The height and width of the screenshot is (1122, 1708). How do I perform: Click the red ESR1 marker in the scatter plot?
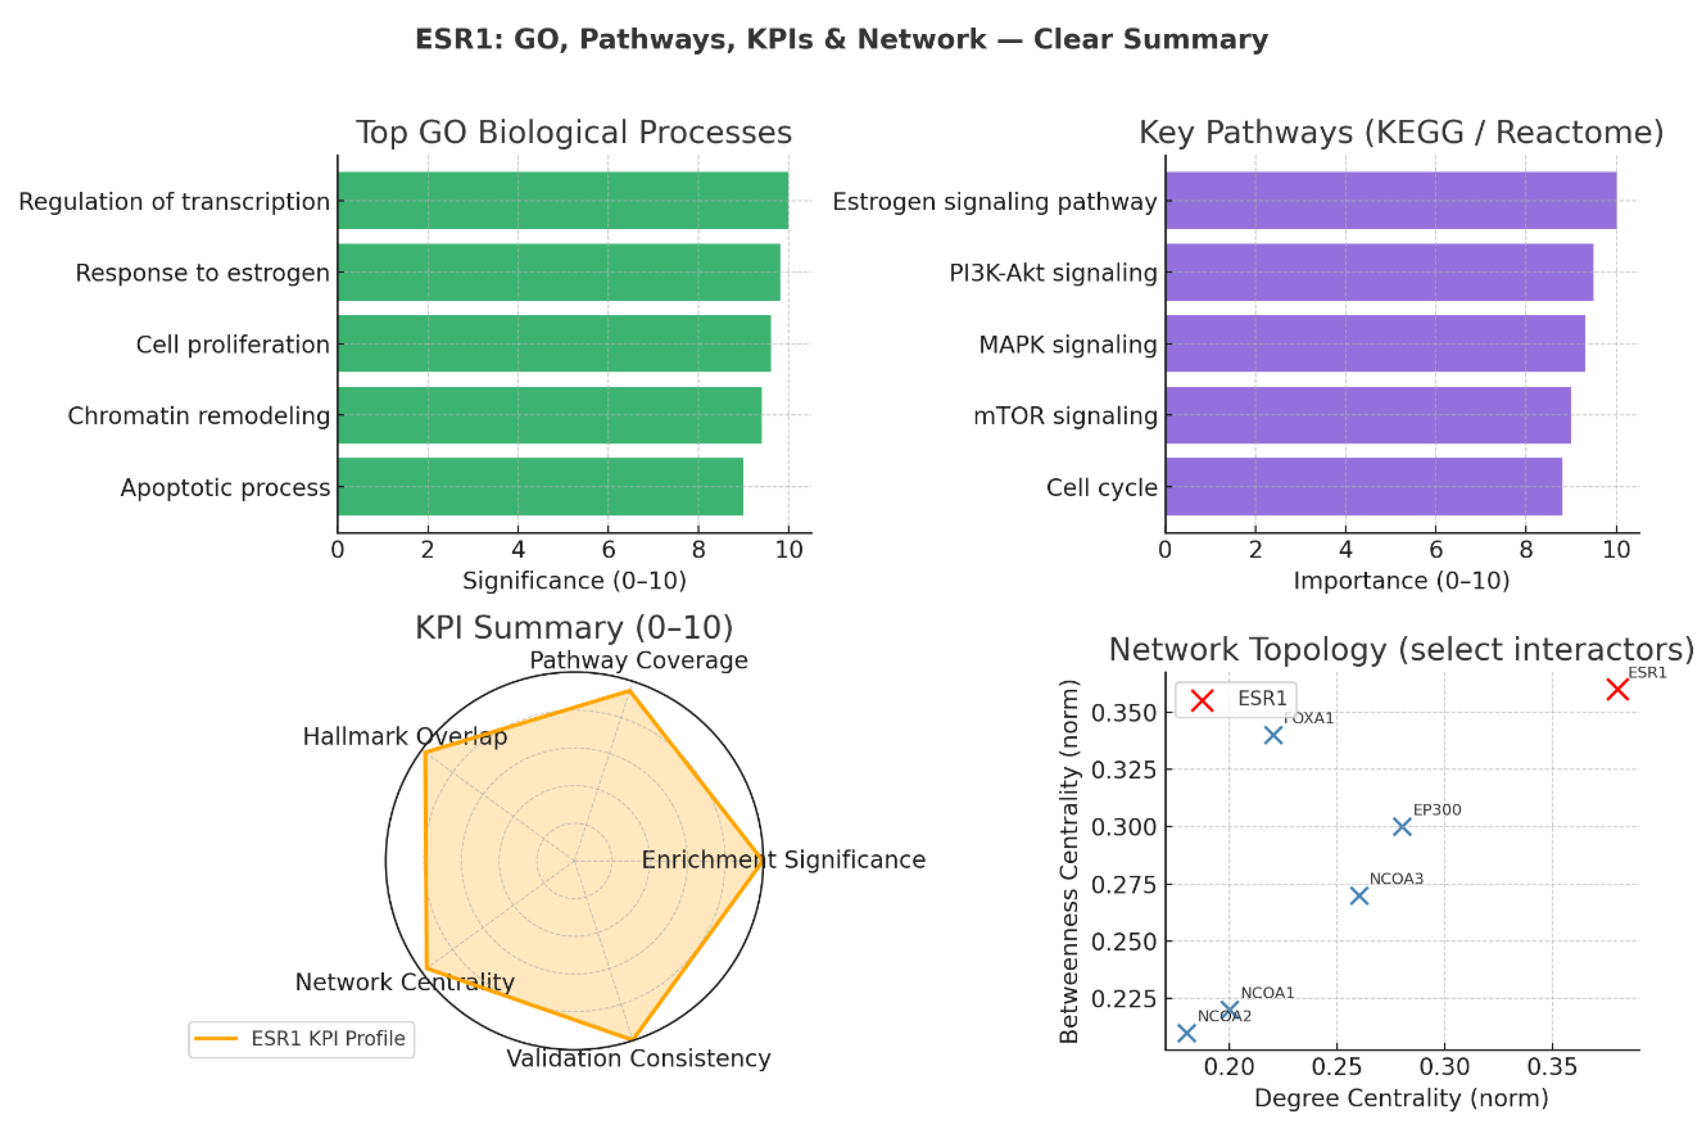pos(1617,689)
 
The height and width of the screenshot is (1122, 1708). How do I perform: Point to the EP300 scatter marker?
pos(1401,827)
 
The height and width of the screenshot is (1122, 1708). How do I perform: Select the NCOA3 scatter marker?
pos(1359,895)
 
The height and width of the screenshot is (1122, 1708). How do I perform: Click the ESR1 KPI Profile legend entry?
pos(301,1039)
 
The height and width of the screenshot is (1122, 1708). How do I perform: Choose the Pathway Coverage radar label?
pos(638,660)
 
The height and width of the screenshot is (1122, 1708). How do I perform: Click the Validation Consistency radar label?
pos(638,1059)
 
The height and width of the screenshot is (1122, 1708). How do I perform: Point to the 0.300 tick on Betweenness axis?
pos(1124,827)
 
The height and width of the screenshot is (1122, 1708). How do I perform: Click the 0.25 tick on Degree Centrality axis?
pos(1336,1067)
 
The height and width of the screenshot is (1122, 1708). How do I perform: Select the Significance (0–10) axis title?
pos(574,580)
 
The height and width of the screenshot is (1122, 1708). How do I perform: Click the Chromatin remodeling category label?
pos(199,416)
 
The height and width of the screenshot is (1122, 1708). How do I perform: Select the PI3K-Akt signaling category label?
pos(1053,273)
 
